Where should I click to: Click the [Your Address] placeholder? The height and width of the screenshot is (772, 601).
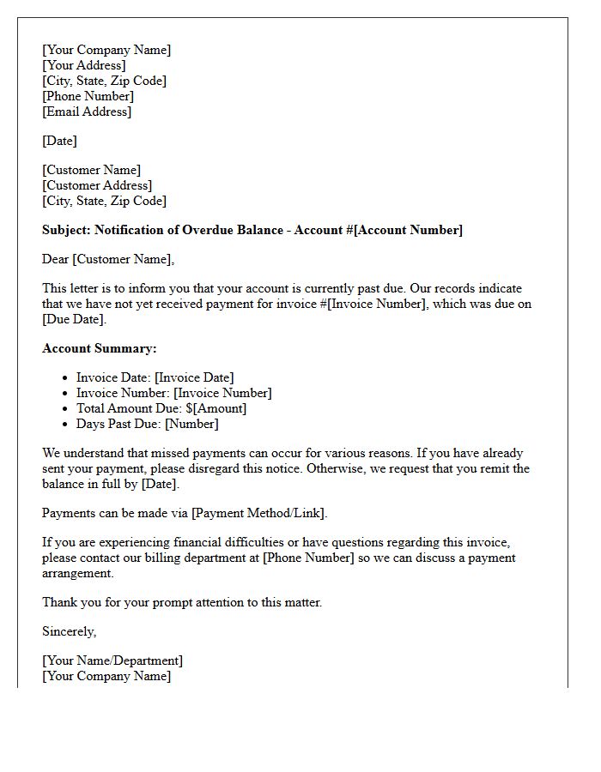(84, 65)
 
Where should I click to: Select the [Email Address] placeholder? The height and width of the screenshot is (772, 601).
(87, 112)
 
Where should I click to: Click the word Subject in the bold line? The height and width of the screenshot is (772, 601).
(66, 230)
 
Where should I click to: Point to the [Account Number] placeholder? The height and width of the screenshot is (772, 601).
(409, 230)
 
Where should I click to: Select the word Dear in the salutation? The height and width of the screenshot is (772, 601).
(55, 259)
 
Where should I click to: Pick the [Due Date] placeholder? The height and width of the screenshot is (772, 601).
(73, 319)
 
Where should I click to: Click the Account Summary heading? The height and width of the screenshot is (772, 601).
(100, 348)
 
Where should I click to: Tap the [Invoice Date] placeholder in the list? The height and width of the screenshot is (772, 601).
(194, 377)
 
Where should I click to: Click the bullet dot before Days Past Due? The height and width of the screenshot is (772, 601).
(66, 424)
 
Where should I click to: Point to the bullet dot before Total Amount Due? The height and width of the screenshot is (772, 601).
(66, 408)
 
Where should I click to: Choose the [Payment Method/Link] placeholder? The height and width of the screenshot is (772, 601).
(258, 513)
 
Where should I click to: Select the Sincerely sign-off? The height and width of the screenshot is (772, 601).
(70, 631)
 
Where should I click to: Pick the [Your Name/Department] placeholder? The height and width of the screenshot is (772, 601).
(112, 660)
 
